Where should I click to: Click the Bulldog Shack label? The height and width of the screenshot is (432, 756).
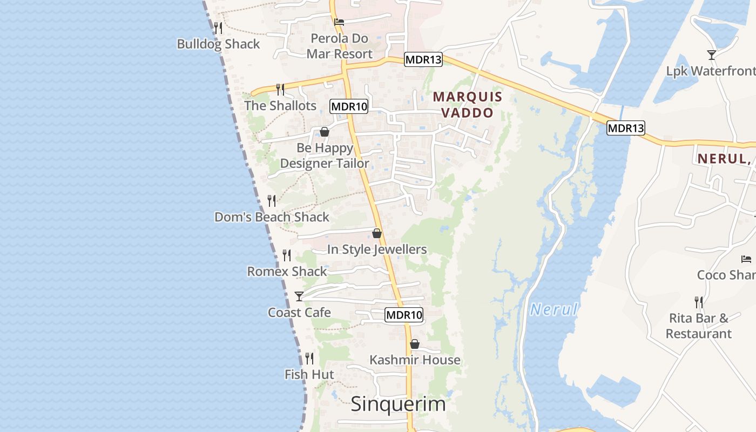click(x=218, y=44)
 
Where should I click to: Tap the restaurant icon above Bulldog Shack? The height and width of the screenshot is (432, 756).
click(x=218, y=28)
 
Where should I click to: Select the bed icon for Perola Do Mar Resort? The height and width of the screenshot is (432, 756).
click(x=339, y=22)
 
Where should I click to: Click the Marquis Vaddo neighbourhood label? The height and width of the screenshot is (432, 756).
click(x=468, y=105)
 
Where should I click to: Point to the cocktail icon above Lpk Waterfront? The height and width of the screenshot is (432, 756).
click(x=712, y=55)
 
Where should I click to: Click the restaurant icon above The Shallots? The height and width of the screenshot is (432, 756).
click(x=280, y=89)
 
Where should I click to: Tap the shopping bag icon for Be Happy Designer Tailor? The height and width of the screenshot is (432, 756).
click(x=325, y=132)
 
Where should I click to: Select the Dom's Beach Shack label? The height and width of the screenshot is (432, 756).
click(x=272, y=217)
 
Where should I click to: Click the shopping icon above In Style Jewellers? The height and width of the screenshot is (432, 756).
click(x=377, y=233)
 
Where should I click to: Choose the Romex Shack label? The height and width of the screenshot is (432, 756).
click(x=287, y=272)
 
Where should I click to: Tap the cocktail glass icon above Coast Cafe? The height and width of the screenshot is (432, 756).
click(x=299, y=296)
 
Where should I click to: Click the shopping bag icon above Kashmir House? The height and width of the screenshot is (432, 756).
click(x=415, y=344)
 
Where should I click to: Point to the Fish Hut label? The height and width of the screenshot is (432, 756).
click(x=309, y=375)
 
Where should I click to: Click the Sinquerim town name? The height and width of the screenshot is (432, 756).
click(x=399, y=404)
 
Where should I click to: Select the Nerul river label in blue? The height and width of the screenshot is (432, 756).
click(x=554, y=309)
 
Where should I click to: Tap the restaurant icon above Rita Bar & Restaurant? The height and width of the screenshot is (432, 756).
click(x=699, y=302)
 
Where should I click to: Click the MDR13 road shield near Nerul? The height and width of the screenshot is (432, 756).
click(x=626, y=128)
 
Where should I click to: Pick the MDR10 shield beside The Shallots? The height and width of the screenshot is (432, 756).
click(x=349, y=106)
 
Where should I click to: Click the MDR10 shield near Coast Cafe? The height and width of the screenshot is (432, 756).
click(x=404, y=315)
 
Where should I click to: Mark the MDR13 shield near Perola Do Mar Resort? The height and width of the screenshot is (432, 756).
click(x=423, y=59)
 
